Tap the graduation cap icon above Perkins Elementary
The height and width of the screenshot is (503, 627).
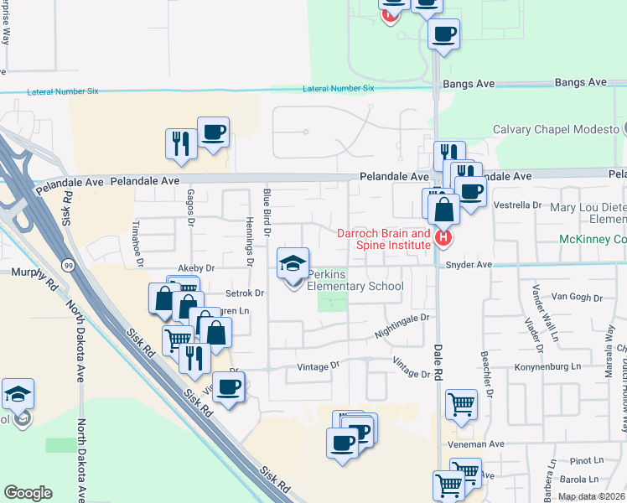[293, 265]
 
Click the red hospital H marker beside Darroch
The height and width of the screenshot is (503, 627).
[443, 239]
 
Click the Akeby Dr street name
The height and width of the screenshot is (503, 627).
[197, 268]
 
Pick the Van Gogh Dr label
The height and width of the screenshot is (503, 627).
[578, 298]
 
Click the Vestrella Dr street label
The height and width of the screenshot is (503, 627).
[518, 205]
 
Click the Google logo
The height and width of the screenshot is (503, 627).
[28, 492]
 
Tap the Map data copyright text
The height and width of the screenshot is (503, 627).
[592, 496]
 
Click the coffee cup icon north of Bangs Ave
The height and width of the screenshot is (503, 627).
[443, 35]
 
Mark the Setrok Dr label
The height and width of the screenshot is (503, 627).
[246, 293]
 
